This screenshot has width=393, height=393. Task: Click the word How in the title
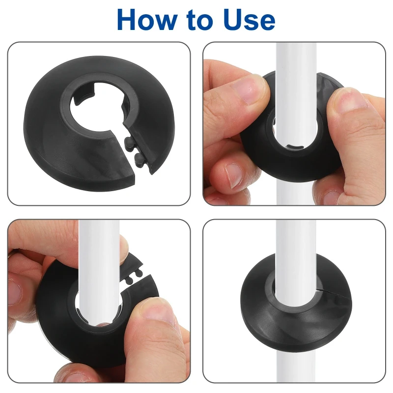pos(147,19)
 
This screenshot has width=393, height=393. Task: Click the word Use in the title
pos(250,20)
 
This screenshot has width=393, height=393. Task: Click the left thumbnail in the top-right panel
pos(247,90)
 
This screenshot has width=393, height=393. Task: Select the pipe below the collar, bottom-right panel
pos(296,361)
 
